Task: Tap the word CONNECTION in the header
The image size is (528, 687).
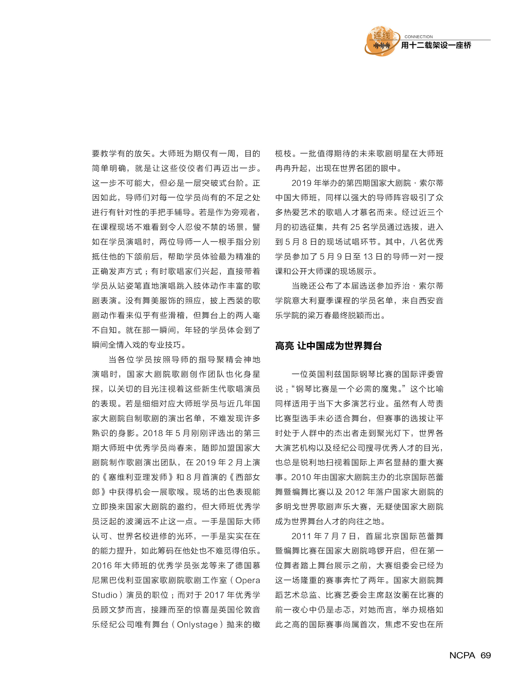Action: tap(418, 37)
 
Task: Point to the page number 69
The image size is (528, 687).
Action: tap(486, 655)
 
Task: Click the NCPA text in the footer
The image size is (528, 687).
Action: tap(462, 655)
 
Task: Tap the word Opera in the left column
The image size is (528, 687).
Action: tap(248, 580)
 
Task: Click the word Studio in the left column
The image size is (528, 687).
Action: tap(105, 595)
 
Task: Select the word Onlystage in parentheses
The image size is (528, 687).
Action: tap(197, 624)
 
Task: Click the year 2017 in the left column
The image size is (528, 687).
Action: tap(214, 595)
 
